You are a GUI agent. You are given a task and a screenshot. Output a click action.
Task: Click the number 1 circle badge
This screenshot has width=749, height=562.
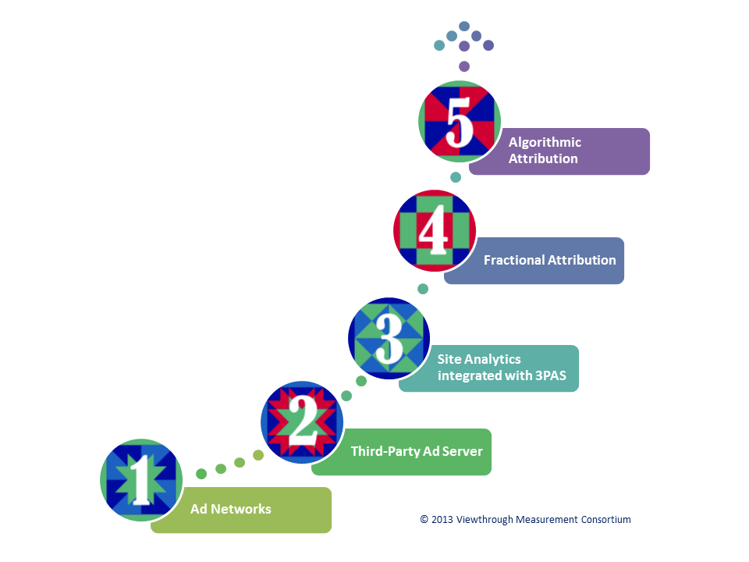pos(141,480)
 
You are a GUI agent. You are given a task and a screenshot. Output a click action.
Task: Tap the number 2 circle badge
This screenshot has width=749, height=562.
pos(302,422)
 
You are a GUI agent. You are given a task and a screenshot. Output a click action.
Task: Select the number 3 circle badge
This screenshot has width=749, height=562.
pos(389,338)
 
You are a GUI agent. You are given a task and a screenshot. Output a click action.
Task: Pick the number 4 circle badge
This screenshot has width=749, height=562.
pos(435,230)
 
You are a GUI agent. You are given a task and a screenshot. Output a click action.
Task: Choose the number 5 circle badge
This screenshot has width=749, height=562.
pos(460,122)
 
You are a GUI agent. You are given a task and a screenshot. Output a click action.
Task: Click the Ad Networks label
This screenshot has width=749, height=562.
pos(231,509)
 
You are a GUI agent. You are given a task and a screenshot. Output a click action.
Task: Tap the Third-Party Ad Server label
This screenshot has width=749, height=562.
pos(417,451)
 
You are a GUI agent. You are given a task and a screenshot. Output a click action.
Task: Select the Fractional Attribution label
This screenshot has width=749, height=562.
pos(550,260)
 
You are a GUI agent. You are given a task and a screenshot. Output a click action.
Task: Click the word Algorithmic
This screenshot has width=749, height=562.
pos(545,142)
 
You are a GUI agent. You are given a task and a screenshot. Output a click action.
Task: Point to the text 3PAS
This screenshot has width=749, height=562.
pos(550,375)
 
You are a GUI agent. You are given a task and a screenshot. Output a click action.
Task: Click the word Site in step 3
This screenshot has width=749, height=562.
pos(449,359)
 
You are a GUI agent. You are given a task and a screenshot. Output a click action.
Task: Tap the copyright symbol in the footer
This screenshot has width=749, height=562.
pos(424,520)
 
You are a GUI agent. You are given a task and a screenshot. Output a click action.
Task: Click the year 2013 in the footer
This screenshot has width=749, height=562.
pos(442,520)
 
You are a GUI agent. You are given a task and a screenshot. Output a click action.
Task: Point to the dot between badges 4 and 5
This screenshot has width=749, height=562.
pos(456,177)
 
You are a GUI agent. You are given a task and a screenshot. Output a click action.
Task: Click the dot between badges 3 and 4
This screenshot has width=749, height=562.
pos(423,289)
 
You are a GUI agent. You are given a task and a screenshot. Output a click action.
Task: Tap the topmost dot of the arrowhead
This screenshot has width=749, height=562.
pos(464,26)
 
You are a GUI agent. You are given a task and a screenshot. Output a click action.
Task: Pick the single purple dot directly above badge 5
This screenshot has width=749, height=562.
pos(464,66)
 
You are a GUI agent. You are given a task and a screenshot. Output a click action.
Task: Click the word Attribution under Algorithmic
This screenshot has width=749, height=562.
pos(543,158)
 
